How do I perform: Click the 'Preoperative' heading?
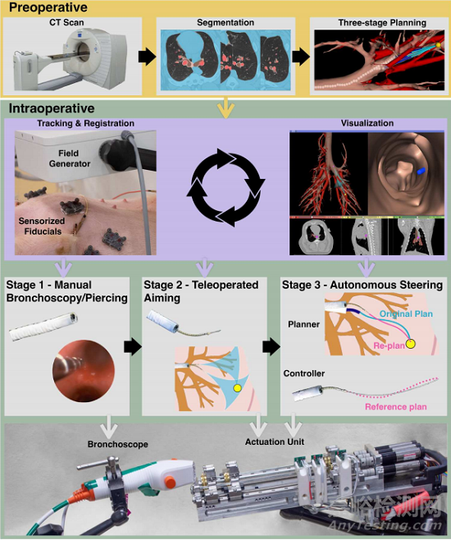pos(48,7)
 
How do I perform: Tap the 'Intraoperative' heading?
pos(52,108)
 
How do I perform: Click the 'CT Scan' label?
pos(66,23)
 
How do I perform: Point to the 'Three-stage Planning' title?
pos(382,23)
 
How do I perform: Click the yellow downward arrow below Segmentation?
pos(225,107)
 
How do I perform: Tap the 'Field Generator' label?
pos(69,158)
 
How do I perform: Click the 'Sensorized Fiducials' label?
pos(42,226)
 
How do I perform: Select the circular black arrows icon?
pos(225,187)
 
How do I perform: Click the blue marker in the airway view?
pos(421,170)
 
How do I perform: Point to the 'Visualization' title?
pos(367,123)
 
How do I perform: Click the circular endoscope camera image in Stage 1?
pos(84,371)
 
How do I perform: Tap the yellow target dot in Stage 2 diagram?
pos(237,388)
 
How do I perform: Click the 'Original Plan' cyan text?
pos(406,313)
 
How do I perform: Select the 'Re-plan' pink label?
pos(389,346)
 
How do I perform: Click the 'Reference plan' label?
pos(395,407)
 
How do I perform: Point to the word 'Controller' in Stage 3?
pos(303,373)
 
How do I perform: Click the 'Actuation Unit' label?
pos(275,442)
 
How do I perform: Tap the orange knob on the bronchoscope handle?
pos(170,482)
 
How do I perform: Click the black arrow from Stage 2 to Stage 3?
pos(271,347)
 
